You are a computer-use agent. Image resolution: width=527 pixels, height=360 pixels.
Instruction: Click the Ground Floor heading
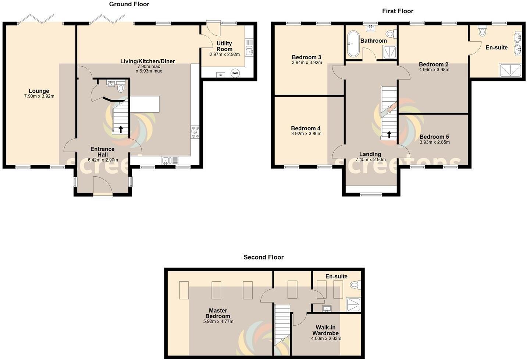(x=129, y=4)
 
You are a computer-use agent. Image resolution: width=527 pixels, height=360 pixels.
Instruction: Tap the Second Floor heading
(x=263, y=257)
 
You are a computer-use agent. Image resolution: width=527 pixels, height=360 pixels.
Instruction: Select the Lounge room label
(x=39, y=91)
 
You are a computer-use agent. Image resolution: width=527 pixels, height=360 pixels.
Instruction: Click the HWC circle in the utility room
(x=235, y=73)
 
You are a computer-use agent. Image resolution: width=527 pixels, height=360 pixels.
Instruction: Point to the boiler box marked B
(x=220, y=75)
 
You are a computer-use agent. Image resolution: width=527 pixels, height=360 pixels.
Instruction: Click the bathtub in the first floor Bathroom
(x=353, y=44)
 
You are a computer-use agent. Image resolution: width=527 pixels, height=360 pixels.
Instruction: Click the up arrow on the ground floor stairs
(x=121, y=129)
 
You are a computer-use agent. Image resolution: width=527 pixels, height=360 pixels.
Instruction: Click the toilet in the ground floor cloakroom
(x=121, y=88)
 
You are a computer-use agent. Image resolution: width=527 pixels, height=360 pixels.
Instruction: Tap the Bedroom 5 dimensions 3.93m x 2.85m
(x=435, y=142)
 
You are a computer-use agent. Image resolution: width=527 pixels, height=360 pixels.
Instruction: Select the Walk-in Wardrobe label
(x=325, y=330)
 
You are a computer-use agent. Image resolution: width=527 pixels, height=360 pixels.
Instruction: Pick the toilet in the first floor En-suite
(x=483, y=32)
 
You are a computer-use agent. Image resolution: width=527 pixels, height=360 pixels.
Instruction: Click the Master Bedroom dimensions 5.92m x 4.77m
(x=218, y=321)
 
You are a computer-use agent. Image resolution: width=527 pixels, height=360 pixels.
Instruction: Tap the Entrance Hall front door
(x=103, y=188)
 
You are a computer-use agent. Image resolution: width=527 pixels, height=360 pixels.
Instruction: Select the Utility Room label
(x=224, y=46)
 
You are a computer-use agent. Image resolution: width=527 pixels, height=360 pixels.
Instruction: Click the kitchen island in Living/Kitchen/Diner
(x=145, y=104)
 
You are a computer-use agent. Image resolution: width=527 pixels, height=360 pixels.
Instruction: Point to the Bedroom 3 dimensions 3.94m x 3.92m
(x=307, y=63)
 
